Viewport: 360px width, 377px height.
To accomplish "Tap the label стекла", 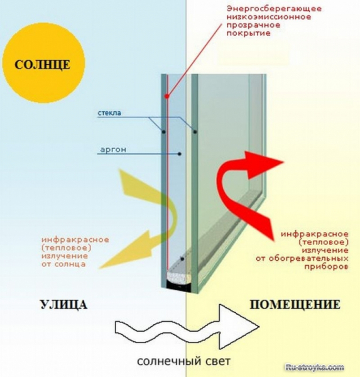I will [109, 114].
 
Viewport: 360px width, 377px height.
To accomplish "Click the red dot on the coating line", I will [166, 96].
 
